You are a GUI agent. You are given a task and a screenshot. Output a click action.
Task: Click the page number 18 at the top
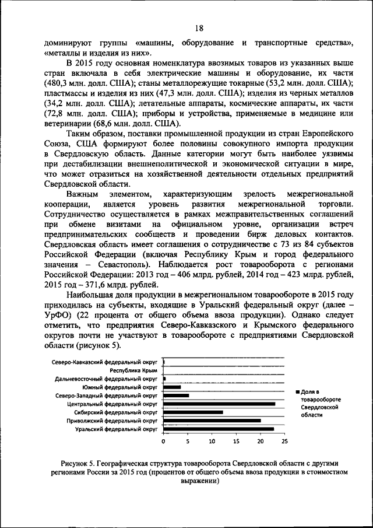click(198, 28)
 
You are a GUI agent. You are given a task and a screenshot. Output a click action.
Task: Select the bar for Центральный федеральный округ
click(219, 404)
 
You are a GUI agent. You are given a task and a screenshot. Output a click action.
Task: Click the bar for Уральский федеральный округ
click(219, 429)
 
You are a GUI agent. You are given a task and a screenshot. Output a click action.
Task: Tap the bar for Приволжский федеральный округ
click(212, 421)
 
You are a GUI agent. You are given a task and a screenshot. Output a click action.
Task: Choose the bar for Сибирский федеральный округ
click(193, 412)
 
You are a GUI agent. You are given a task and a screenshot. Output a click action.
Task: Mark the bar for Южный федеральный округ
click(173, 387)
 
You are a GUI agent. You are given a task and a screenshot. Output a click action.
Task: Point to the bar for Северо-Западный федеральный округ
click(176, 396)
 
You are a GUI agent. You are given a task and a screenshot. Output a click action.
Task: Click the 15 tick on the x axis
click(236, 440)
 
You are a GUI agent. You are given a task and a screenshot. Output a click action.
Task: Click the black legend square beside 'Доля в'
click(297, 391)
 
